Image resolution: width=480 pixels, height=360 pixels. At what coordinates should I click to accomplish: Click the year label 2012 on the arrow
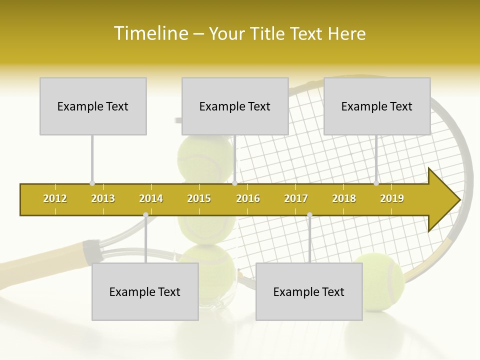click(55, 199)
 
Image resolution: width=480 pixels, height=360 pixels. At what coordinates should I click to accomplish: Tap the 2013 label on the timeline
click(103, 199)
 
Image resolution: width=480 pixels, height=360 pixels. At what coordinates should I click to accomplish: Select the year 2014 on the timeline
click(151, 199)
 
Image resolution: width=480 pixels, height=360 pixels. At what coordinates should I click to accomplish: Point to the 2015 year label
click(199, 199)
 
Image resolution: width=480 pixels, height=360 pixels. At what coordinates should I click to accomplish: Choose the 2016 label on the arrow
click(248, 199)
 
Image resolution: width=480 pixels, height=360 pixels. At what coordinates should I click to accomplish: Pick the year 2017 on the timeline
click(296, 199)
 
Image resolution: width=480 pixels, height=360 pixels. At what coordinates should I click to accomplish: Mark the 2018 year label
click(344, 199)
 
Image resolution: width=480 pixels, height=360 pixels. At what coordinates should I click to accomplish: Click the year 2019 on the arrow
click(392, 199)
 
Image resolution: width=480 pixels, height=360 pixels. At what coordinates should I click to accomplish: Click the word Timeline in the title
click(150, 33)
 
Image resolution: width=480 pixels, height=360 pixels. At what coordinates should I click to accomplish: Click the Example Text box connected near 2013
click(93, 106)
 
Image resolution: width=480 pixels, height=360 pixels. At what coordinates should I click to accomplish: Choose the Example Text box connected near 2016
click(235, 106)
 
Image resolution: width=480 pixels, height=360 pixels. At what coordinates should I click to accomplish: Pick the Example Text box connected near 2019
click(377, 106)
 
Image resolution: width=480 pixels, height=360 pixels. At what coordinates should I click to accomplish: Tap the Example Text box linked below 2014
click(145, 291)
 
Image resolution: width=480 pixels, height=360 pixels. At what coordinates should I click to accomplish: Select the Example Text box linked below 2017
click(309, 291)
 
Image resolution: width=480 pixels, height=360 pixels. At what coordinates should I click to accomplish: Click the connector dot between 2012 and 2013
click(92, 183)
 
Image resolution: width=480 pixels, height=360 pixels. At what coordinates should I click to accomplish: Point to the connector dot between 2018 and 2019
click(376, 183)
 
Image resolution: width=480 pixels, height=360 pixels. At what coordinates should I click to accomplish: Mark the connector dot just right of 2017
click(309, 215)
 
